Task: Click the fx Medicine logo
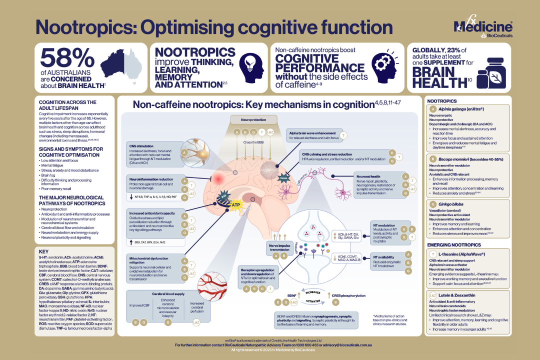482,27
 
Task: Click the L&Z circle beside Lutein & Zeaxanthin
432,295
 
